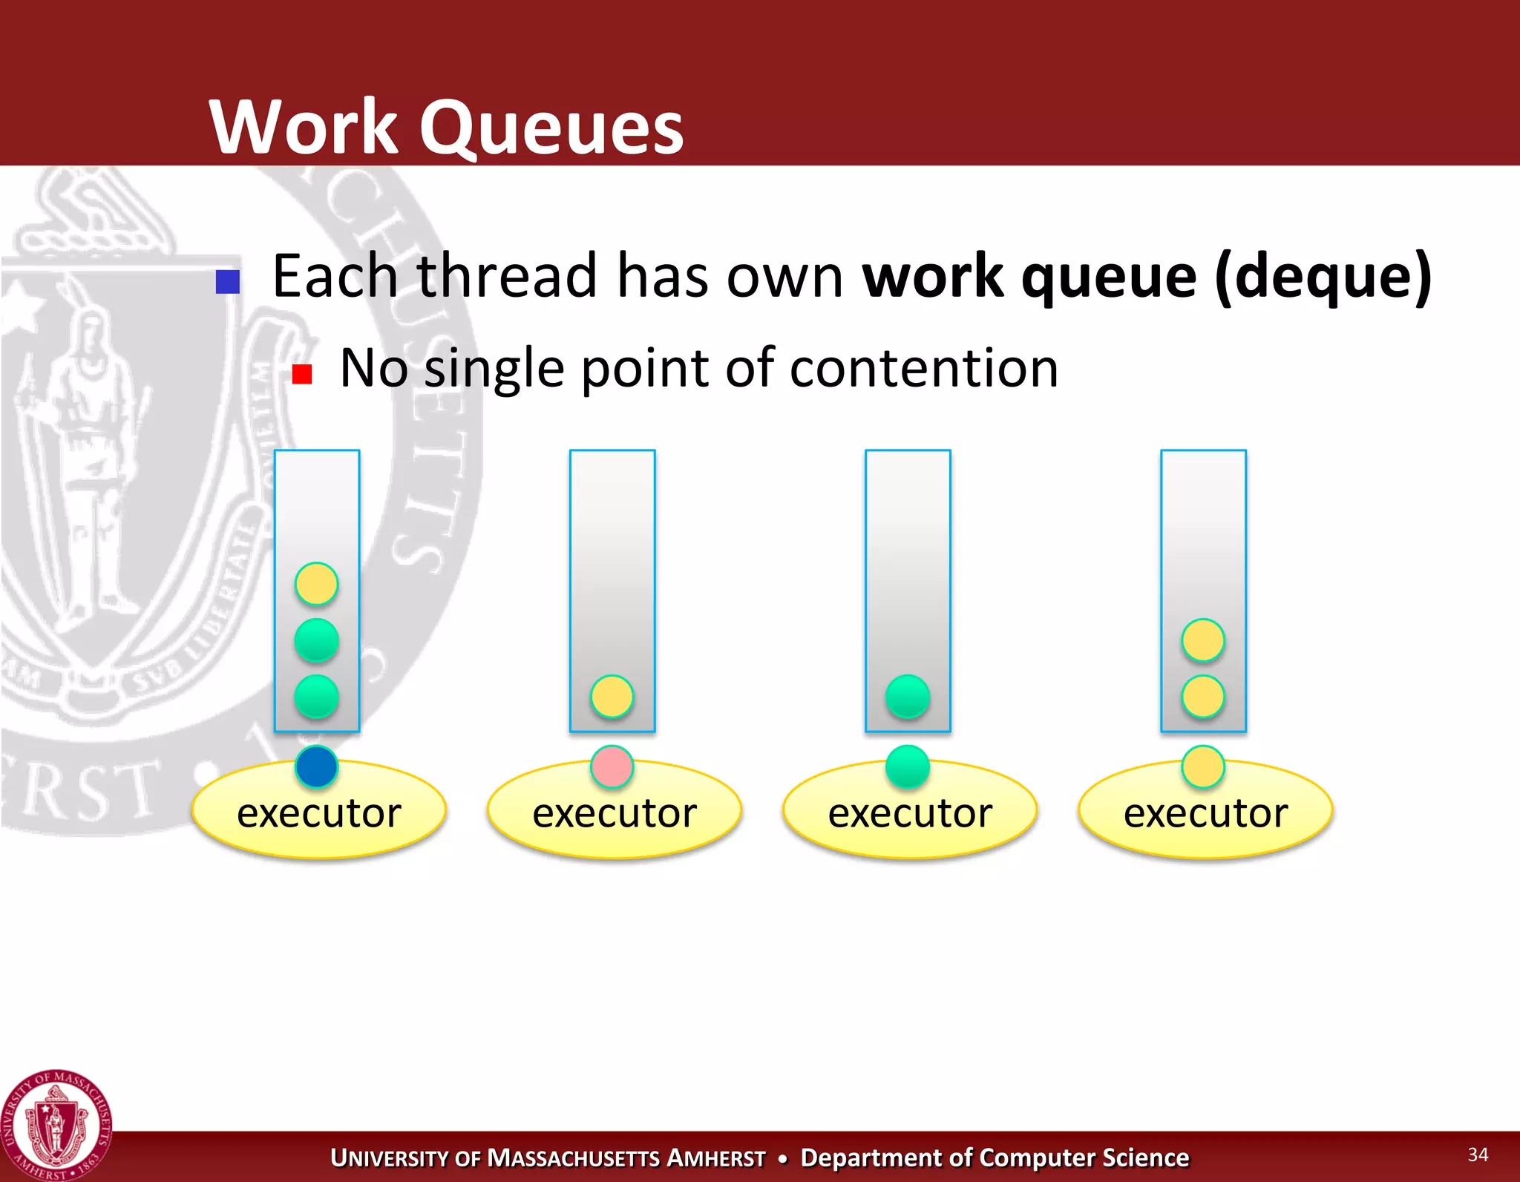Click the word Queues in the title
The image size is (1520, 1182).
coord(551,128)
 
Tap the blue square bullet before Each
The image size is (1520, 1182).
coord(227,282)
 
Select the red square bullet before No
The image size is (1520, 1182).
coord(301,373)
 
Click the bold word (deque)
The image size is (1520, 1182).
coord(1323,277)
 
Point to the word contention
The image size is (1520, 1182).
coord(923,368)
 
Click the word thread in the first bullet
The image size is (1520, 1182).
coord(507,276)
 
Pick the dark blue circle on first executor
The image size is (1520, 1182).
coord(316,766)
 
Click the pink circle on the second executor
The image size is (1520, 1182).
coord(612,766)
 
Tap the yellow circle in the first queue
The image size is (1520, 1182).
coord(316,584)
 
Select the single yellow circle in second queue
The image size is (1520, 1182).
coord(612,696)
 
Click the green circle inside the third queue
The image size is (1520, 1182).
coord(907,696)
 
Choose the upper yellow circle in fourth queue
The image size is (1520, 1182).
coord(1202,640)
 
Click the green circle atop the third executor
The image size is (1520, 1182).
coord(907,766)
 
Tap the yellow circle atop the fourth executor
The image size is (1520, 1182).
coord(1202,766)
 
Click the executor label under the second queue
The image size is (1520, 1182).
coord(615,813)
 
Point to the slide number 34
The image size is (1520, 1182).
coord(1477,1154)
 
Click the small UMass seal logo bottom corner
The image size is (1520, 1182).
coord(56,1124)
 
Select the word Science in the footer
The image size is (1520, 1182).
coord(1145,1158)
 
